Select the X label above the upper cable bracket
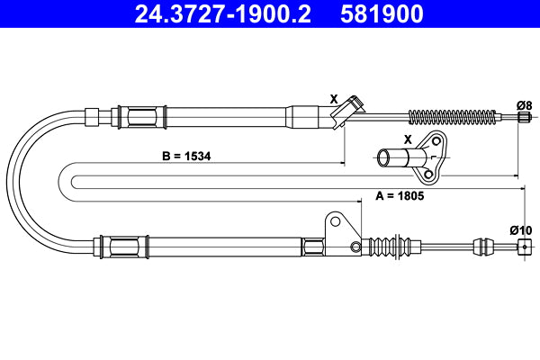pos(334,99)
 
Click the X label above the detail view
pos(408,139)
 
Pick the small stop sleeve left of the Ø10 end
pos(482,245)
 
